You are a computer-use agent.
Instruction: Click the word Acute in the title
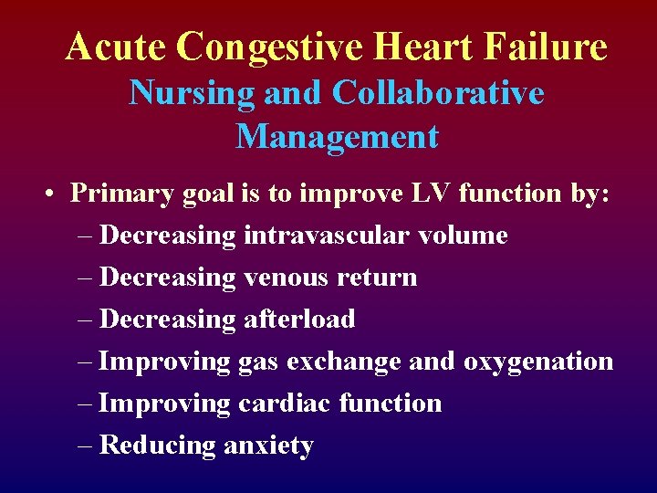116,47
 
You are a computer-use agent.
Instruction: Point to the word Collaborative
438,92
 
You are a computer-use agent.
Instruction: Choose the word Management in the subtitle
337,137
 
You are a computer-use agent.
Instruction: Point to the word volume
463,236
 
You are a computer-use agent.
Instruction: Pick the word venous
287,278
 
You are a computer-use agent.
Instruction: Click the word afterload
299,320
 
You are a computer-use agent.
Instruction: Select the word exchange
344,362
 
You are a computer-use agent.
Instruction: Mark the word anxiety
269,446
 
